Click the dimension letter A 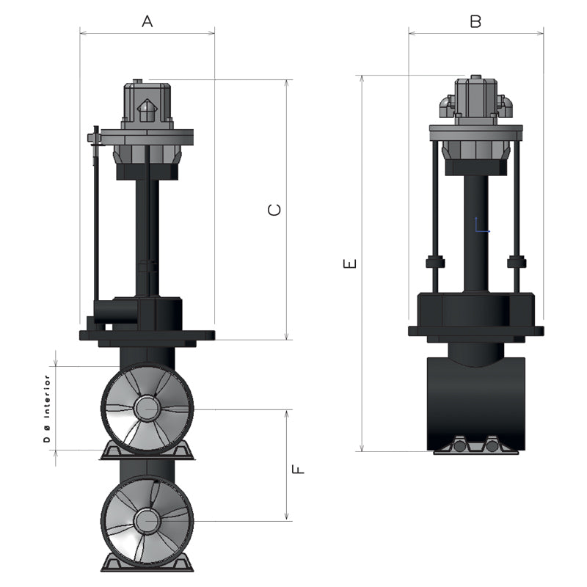coord(147,22)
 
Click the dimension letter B coord(475,22)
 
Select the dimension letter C coord(274,210)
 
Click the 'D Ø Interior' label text coord(46,408)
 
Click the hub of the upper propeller coord(147,407)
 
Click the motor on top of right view coord(475,99)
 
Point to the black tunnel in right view coord(475,400)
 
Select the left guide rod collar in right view coord(435,261)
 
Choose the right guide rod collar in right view coord(517,261)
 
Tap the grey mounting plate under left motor coord(147,137)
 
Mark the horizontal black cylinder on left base coord(117,312)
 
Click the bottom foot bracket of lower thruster coord(147,564)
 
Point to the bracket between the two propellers coord(147,451)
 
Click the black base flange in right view coord(475,330)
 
